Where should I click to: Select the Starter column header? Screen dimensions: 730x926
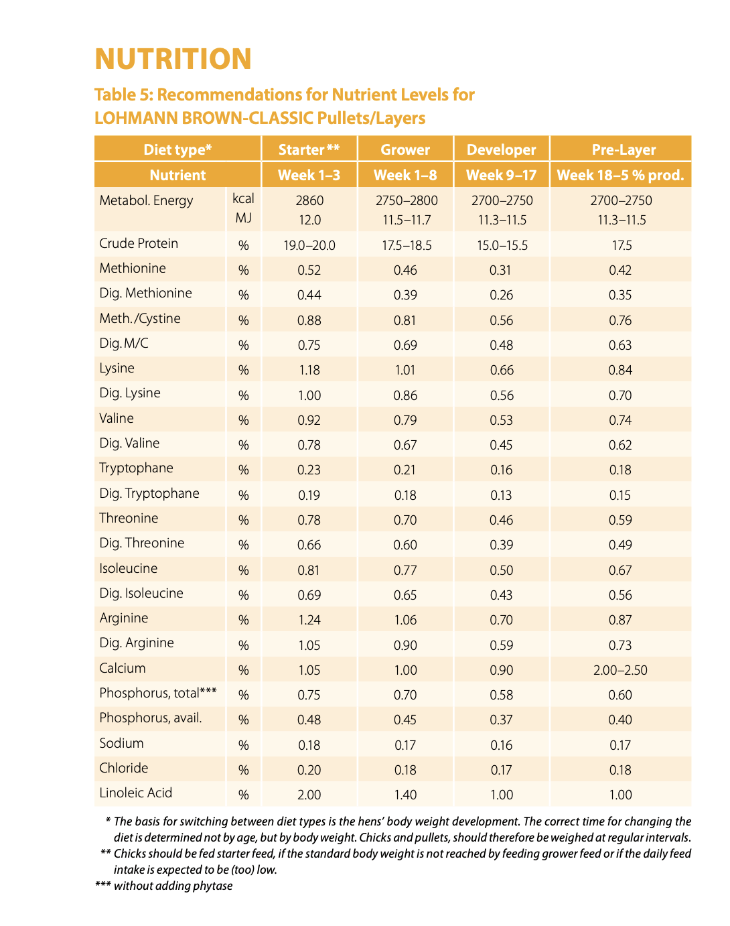(x=309, y=149)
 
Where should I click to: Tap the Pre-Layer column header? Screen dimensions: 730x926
(x=624, y=149)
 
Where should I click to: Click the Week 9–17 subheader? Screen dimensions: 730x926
(x=501, y=175)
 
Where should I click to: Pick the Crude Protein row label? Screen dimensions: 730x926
(x=139, y=243)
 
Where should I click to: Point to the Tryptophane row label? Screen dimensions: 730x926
(x=137, y=468)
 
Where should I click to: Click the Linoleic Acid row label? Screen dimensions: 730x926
(x=135, y=793)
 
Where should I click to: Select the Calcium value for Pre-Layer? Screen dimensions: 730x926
(x=620, y=670)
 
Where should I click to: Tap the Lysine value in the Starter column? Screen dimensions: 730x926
(x=309, y=370)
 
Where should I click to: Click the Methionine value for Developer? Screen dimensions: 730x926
(x=500, y=270)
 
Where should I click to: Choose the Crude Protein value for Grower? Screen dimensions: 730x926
(x=406, y=245)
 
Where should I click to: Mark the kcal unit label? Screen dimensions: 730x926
(x=243, y=198)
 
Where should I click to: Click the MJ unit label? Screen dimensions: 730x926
(x=243, y=218)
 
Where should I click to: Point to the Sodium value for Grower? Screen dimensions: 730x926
(x=405, y=745)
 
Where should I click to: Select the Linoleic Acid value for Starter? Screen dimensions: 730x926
(x=309, y=795)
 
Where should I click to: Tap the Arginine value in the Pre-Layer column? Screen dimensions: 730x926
(x=620, y=620)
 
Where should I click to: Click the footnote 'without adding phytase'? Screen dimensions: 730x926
(x=173, y=886)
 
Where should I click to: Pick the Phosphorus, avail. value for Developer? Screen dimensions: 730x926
(x=501, y=720)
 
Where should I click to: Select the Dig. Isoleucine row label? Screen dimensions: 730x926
(x=141, y=593)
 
